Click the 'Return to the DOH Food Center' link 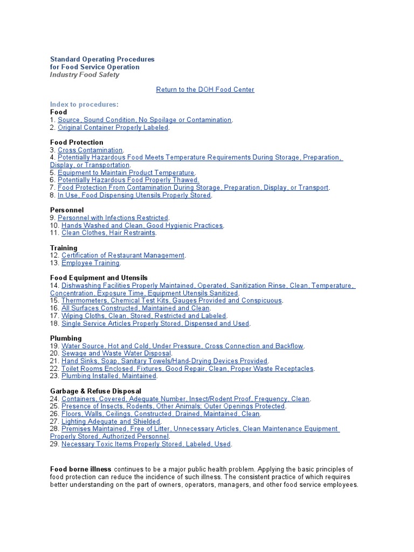pyautogui.click(x=205, y=89)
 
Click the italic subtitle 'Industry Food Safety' pyautogui.click(x=85, y=75)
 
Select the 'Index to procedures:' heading pyautogui.click(x=84, y=105)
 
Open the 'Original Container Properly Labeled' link pyautogui.click(x=113, y=128)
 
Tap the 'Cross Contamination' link pyautogui.click(x=90, y=150)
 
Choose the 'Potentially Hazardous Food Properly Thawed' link pyautogui.click(x=128, y=180)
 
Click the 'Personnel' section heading pyautogui.click(x=67, y=210)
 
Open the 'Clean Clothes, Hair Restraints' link pyautogui.click(x=108, y=233)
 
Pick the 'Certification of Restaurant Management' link pyautogui.click(x=123, y=256)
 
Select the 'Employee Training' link pyautogui.click(x=90, y=263)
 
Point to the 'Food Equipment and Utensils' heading pyautogui.click(x=99, y=278)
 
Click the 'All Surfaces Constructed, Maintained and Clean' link pyautogui.click(x=136, y=308)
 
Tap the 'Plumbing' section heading pyautogui.click(x=66, y=339)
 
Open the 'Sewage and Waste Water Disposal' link pyautogui.click(x=116, y=354)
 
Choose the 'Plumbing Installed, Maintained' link pyautogui.click(x=109, y=376)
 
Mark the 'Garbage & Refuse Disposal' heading pyautogui.click(x=95, y=391)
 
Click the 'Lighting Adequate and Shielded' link pyautogui.click(x=111, y=422)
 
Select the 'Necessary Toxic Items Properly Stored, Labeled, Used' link pyautogui.click(x=146, y=444)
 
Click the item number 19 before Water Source pyautogui.click(x=54, y=346)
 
